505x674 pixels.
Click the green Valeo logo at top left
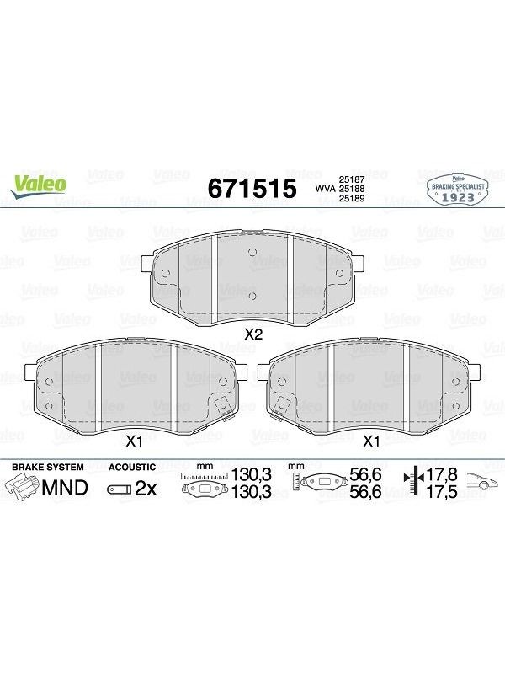39,186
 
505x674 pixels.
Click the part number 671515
252,188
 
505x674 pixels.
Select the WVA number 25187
352,179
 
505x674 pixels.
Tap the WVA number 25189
352,198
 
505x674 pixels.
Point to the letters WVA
326,189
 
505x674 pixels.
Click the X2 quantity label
253,334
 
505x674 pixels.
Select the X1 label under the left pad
134,441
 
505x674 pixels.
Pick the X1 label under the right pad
371,441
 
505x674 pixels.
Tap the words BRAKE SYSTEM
48,467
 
